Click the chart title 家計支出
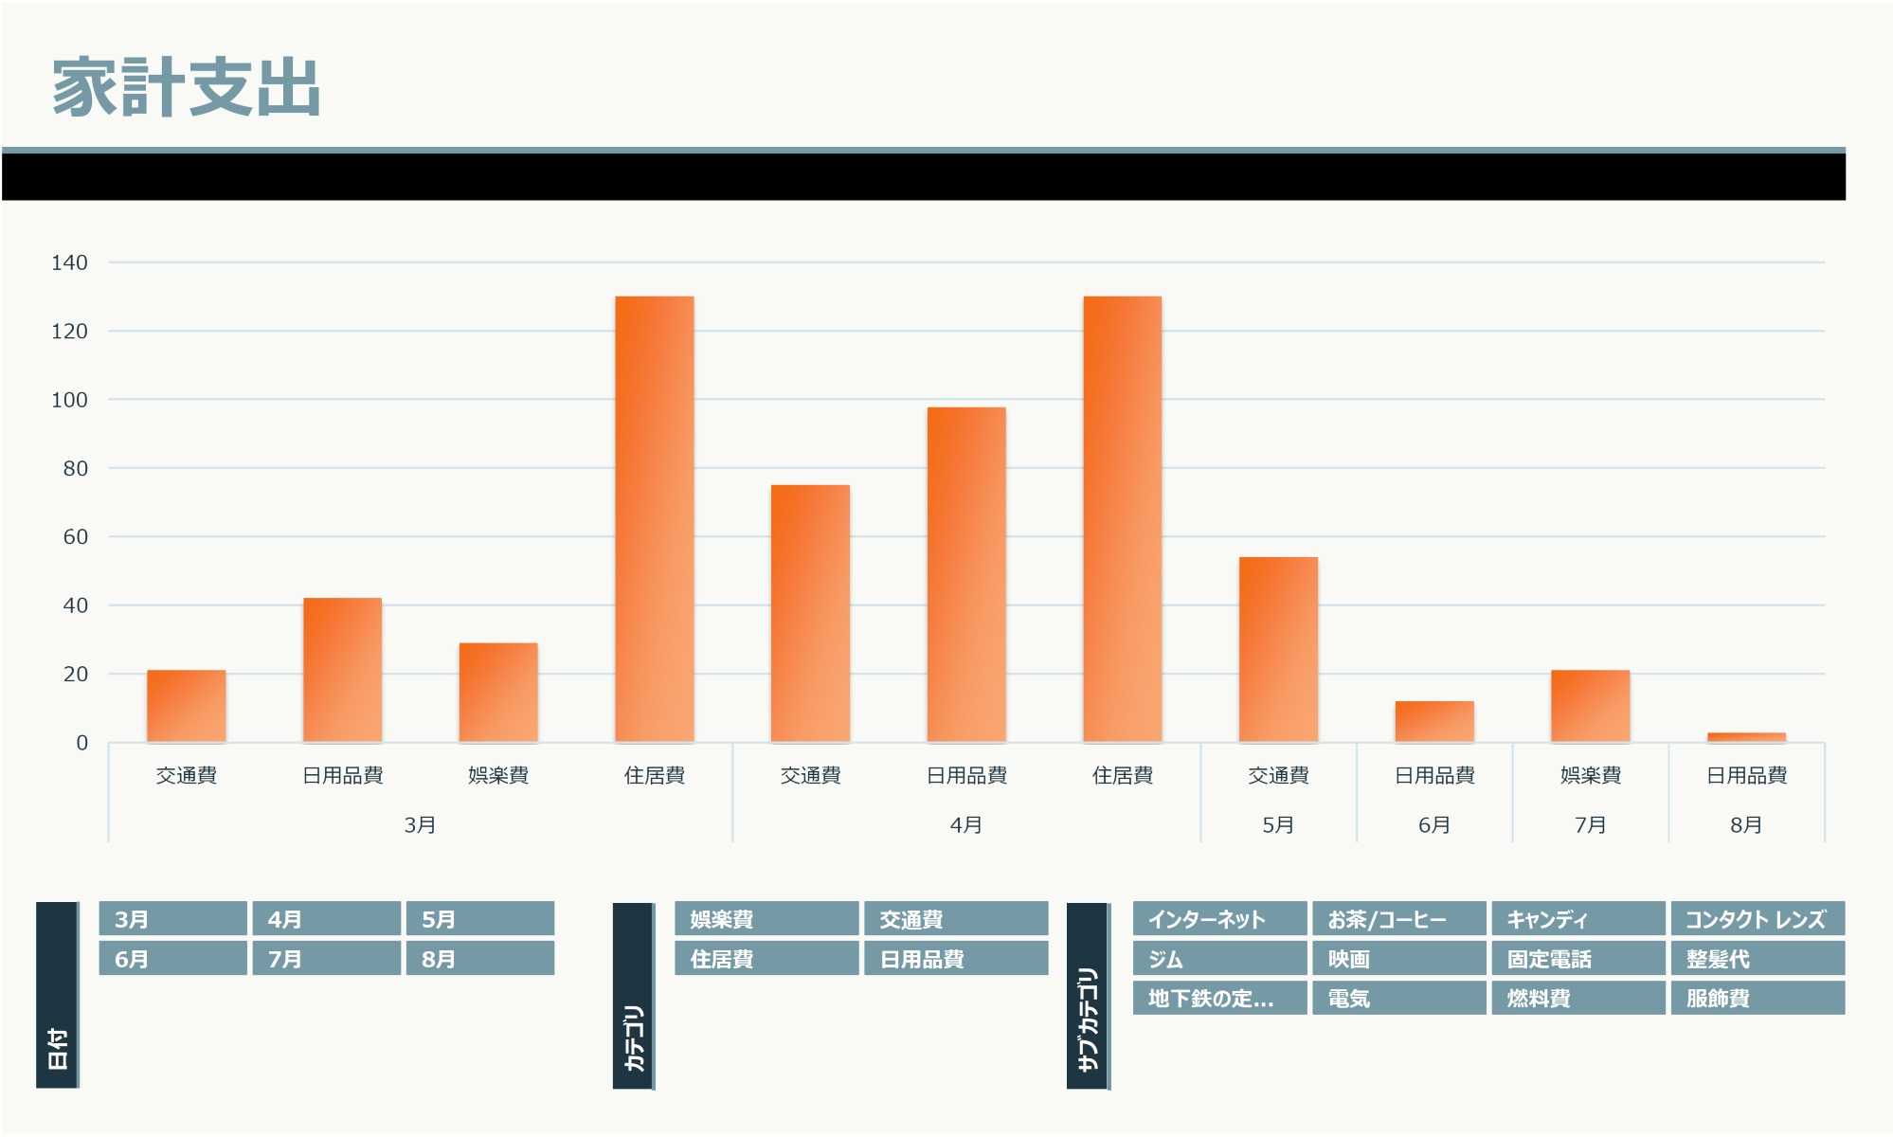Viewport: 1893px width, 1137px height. [187, 87]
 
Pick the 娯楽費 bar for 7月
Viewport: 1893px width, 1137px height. [1590, 706]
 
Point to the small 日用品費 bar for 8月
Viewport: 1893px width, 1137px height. [1746, 737]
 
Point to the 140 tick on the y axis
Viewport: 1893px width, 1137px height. [69, 262]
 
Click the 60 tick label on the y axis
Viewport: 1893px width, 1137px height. [75, 537]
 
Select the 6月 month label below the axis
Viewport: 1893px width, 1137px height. [1434, 825]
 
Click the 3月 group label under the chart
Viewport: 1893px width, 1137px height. [420, 825]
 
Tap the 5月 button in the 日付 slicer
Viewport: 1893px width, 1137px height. [479, 919]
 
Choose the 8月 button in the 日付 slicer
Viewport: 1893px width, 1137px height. [479, 959]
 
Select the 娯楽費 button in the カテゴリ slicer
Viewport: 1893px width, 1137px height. [766, 919]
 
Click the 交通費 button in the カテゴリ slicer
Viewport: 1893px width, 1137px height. [955, 919]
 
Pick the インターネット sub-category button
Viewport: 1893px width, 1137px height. [1219, 919]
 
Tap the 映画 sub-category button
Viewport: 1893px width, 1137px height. [1398, 959]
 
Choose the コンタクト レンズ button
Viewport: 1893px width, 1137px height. [1758, 919]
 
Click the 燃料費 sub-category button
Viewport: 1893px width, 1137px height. [1577, 998]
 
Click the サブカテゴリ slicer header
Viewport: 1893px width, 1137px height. [1088, 995]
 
